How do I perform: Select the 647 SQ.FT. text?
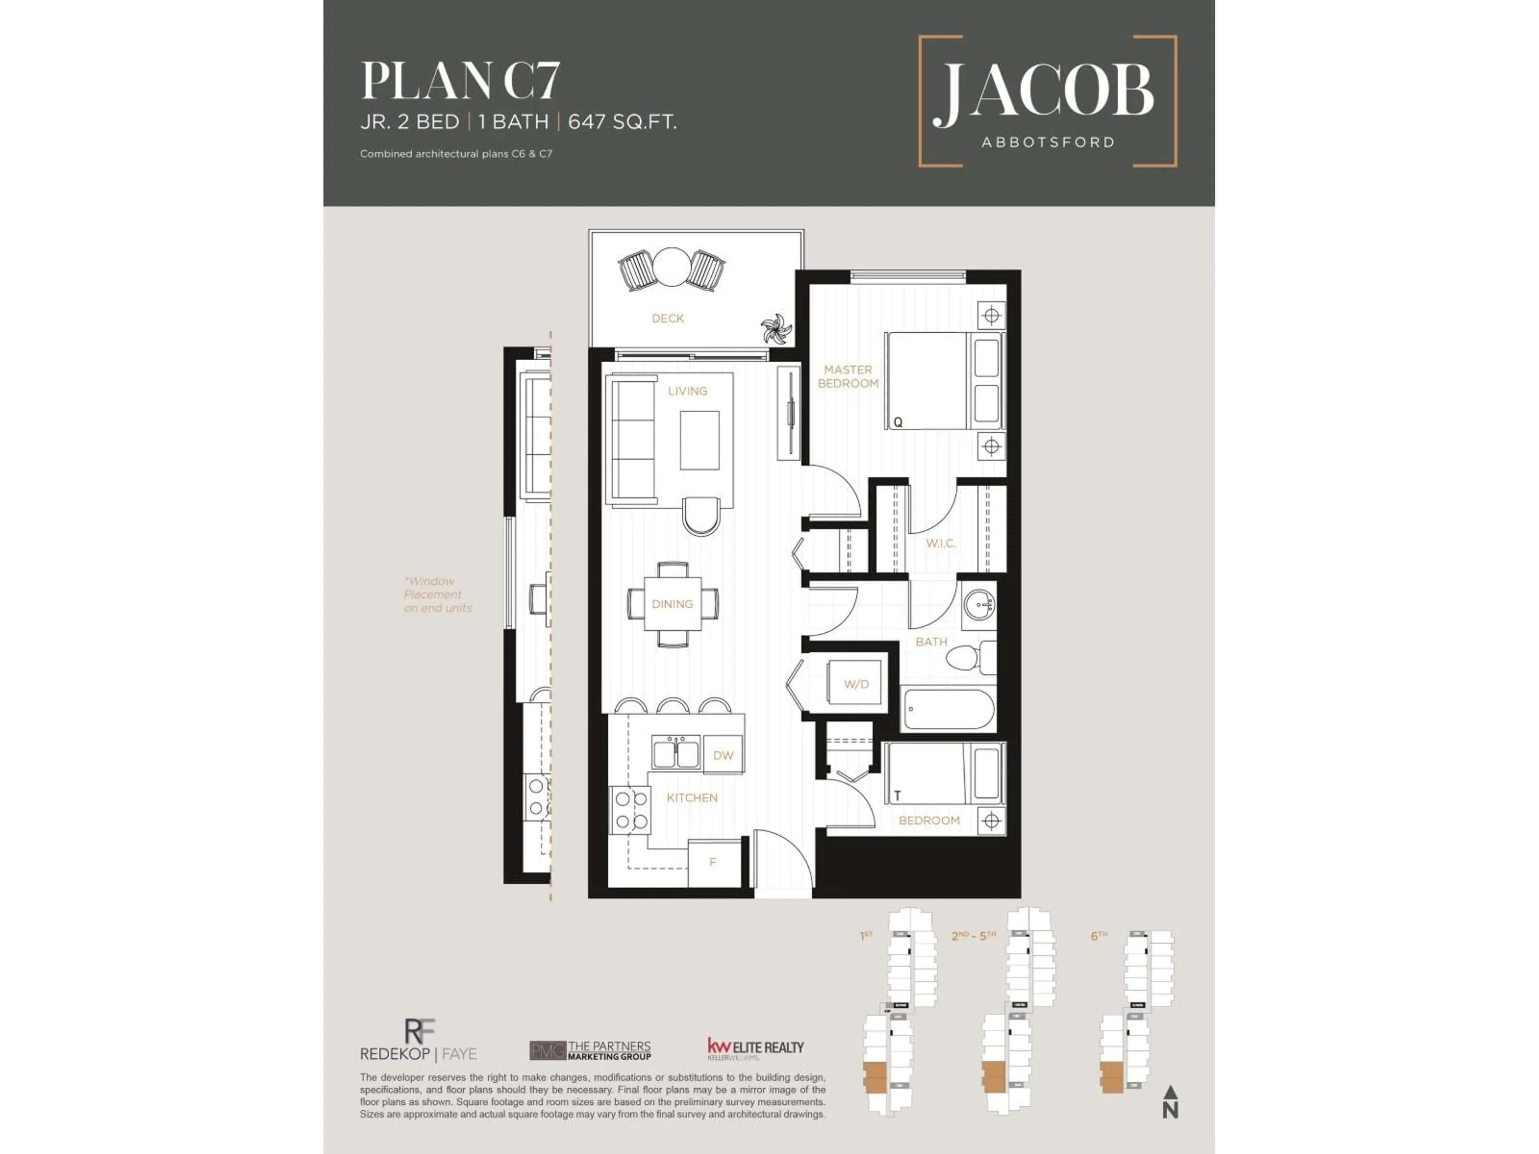622,123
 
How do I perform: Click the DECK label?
667,319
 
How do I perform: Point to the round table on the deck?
671,268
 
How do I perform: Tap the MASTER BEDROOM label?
847,376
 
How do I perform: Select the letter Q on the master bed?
897,422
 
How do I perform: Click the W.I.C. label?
940,543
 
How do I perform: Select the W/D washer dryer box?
856,684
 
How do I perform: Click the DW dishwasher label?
723,755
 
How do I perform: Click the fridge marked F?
713,863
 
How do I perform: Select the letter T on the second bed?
897,795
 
